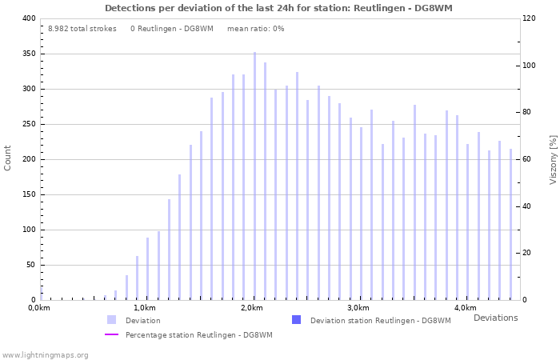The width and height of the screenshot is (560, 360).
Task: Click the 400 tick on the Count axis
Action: click(x=29, y=18)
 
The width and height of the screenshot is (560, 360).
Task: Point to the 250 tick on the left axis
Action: click(x=29, y=124)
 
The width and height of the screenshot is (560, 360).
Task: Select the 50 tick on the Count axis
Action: click(x=31, y=265)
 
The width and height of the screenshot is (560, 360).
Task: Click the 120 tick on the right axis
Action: click(x=530, y=18)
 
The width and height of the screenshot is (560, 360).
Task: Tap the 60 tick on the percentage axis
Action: click(x=528, y=159)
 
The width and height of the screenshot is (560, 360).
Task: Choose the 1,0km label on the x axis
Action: click(x=144, y=308)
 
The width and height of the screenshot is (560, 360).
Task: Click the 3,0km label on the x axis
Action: click(x=358, y=308)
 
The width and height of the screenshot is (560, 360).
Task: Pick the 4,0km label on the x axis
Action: click(x=465, y=308)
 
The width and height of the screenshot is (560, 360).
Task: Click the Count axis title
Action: click(x=8, y=158)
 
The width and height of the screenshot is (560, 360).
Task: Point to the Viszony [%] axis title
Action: click(x=553, y=159)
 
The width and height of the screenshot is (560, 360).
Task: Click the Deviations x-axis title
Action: click(x=495, y=318)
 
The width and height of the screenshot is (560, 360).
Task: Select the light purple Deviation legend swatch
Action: click(x=111, y=320)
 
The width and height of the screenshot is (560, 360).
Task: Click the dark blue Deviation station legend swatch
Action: click(x=296, y=320)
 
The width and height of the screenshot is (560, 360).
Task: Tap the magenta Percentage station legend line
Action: click(x=111, y=334)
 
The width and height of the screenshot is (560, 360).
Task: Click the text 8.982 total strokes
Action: click(x=82, y=29)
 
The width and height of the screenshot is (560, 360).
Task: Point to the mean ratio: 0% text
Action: click(x=255, y=29)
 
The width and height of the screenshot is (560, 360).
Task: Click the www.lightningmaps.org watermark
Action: click(x=45, y=354)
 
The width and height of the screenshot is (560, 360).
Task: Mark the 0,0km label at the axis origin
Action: click(x=39, y=308)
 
